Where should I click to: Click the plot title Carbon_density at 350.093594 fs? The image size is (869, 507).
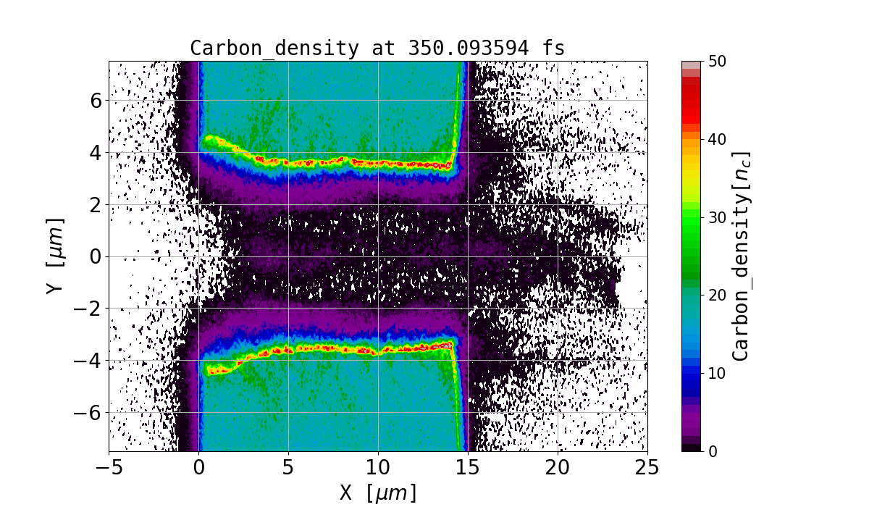click(x=377, y=49)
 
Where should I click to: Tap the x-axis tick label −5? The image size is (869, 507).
click(x=109, y=469)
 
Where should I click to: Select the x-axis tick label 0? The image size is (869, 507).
click(x=199, y=469)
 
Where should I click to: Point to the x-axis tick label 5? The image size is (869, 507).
click(x=288, y=469)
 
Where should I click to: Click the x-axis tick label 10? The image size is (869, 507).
click(x=378, y=469)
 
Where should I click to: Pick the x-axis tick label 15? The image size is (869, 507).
click(x=468, y=469)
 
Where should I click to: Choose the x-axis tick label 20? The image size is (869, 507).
click(x=558, y=469)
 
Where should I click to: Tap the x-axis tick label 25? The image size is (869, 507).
click(x=647, y=469)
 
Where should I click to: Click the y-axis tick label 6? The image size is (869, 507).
click(x=96, y=101)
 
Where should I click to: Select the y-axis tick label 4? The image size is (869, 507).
click(x=96, y=153)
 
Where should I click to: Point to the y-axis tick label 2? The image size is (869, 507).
click(x=96, y=205)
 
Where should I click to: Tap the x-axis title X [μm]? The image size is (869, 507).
click(x=378, y=493)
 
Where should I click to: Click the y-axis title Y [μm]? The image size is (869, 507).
click(x=54, y=256)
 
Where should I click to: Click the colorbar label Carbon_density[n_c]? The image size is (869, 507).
click(x=740, y=256)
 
